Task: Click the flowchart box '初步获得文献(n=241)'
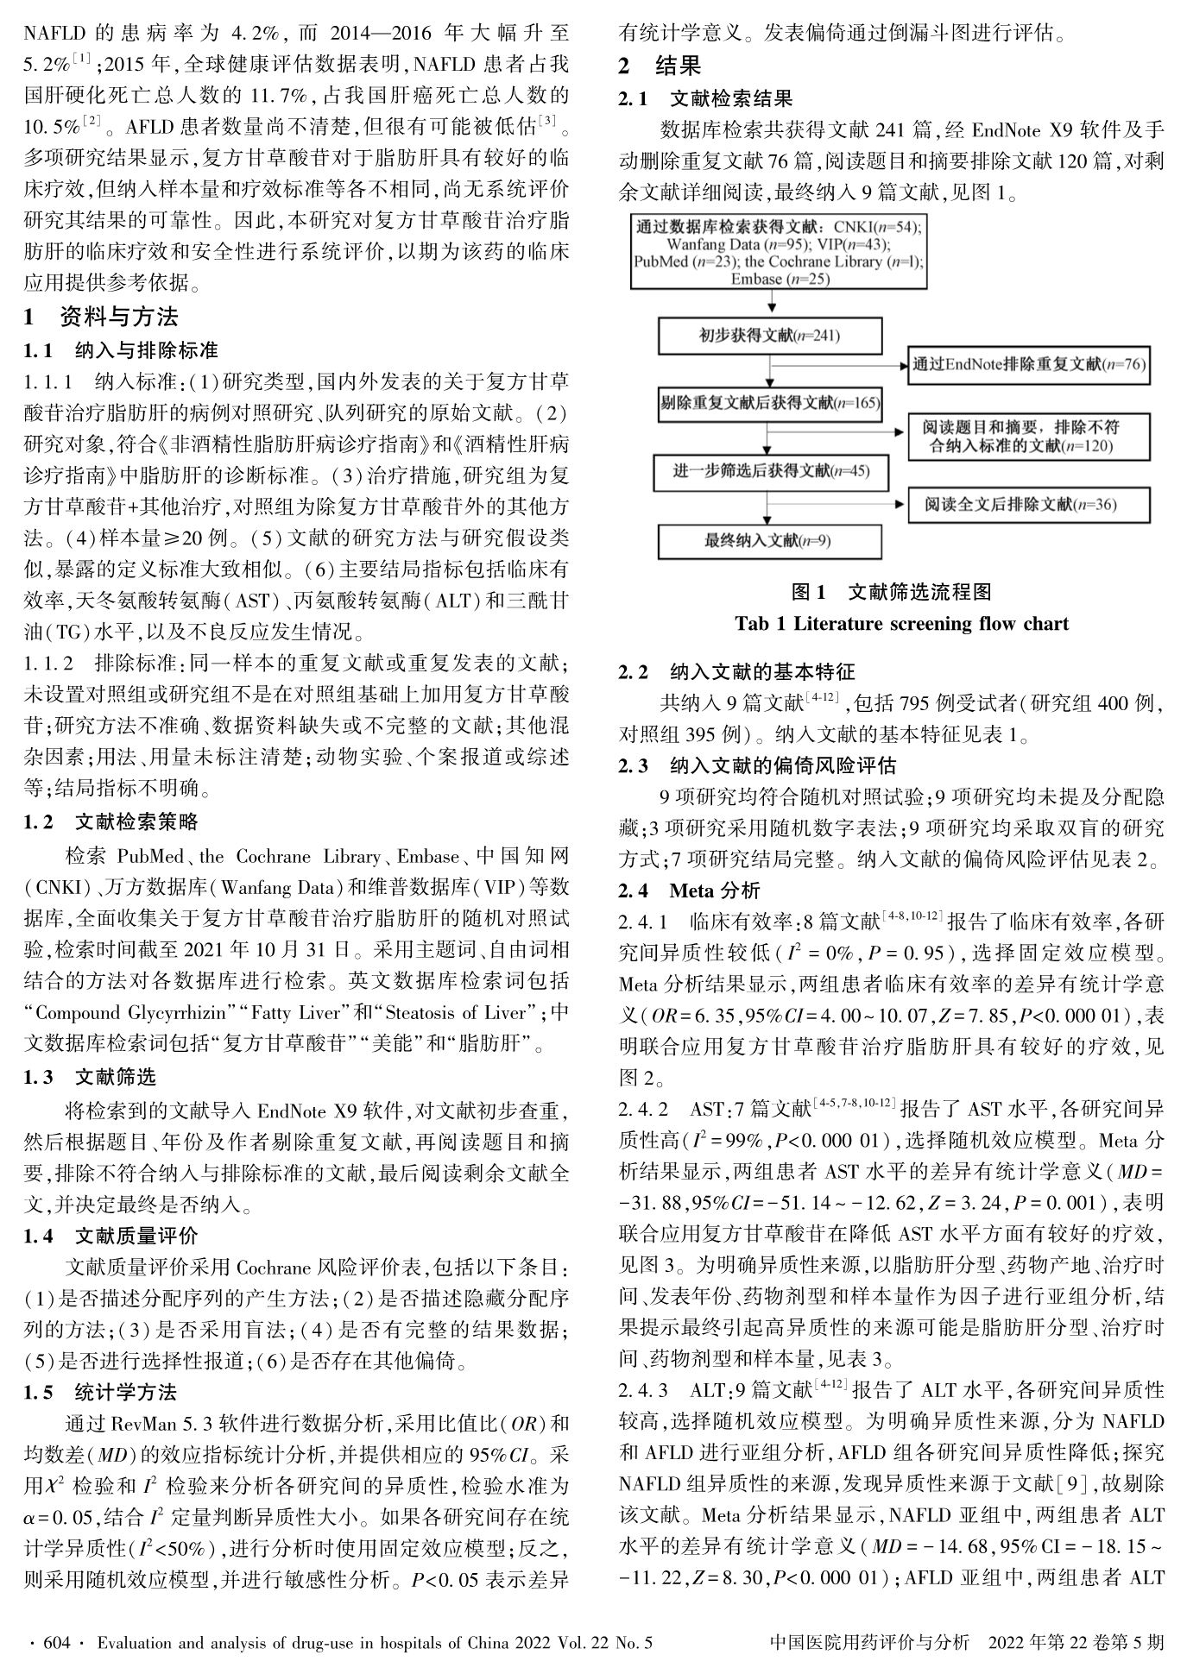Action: click(x=770, y=335)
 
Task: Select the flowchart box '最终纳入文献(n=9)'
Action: click(x=770, y=541)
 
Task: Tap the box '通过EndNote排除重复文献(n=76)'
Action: click(x=1029, y=364)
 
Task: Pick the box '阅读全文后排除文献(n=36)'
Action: click(x=1029, y=504)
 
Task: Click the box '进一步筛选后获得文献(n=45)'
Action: click(x=770, y=471)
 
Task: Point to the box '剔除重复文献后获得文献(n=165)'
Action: click(x=770, y=403)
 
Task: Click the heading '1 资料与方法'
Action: click(x=101, y=317)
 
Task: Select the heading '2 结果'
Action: click(x=660, y=66)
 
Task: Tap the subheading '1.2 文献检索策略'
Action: click(x=111, y=821)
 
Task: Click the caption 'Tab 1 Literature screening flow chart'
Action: click(x=901, y=624)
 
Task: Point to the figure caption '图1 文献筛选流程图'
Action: click(x=892, y=592)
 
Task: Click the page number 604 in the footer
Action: click(x=56, y=1642)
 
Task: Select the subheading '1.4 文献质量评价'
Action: click(x=111, y=1236)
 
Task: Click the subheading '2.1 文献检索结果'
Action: click(x=705, y=99)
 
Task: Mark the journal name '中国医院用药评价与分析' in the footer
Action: click(x=869, y=1642)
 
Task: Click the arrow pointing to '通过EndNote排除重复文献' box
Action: click(x=893, y=365)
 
